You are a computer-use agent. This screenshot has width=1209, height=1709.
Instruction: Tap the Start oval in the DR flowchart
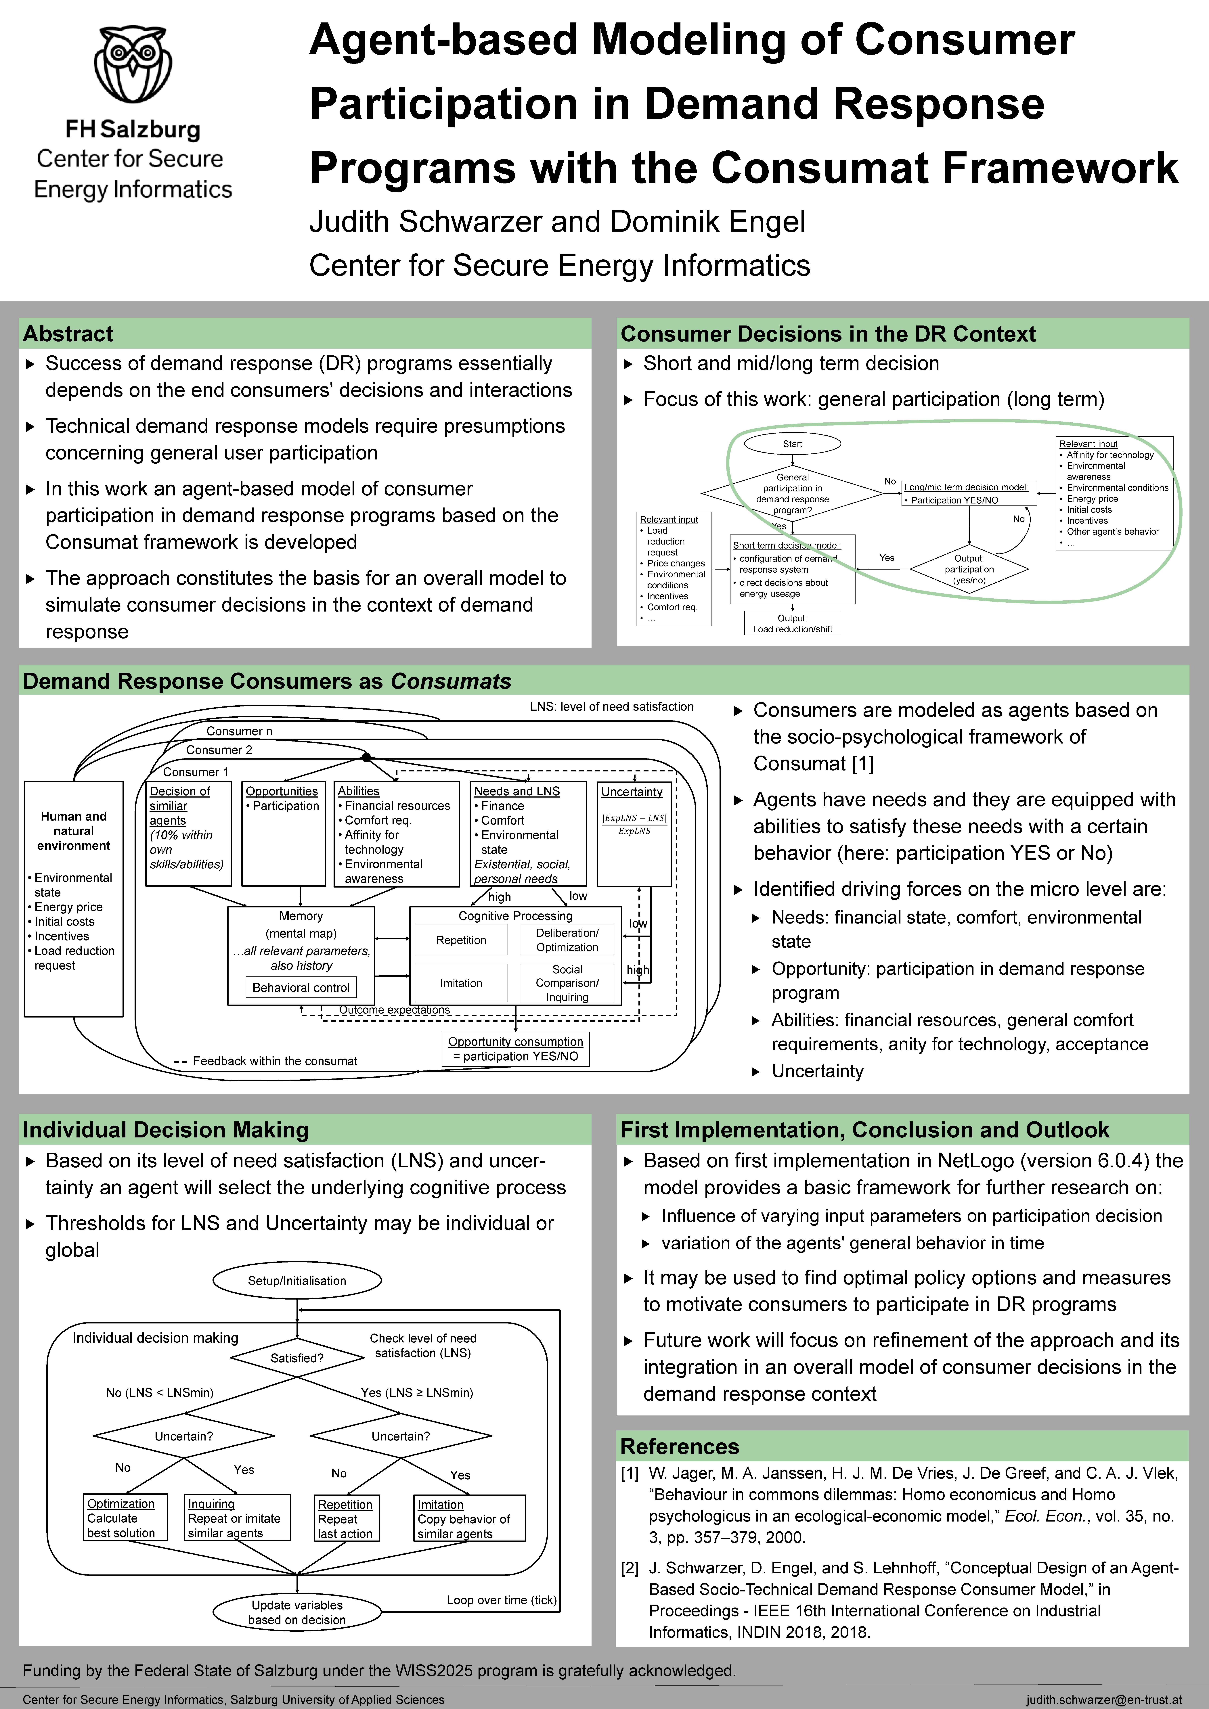pyautogui.click(x=792, y=444)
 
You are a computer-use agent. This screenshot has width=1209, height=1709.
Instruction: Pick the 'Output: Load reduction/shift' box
pyautogui.click(x=792, y=623)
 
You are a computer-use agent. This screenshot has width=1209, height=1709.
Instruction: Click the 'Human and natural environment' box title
pyautogui.click(x=74, y=831)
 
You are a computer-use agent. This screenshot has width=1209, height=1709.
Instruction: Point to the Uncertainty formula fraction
pyautogui.click(x=634, y=824)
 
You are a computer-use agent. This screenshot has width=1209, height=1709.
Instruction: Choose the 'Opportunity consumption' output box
pyautogui.click(x=515, y=1049)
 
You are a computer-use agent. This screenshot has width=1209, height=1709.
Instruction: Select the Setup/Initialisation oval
pyautogui.click(x=297, y=1280)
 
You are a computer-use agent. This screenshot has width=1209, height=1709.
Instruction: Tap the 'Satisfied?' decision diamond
pyautogui.click(x=297, y=1358)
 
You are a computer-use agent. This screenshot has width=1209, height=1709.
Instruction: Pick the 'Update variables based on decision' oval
pyautogui.click(x=297, y=1612)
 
